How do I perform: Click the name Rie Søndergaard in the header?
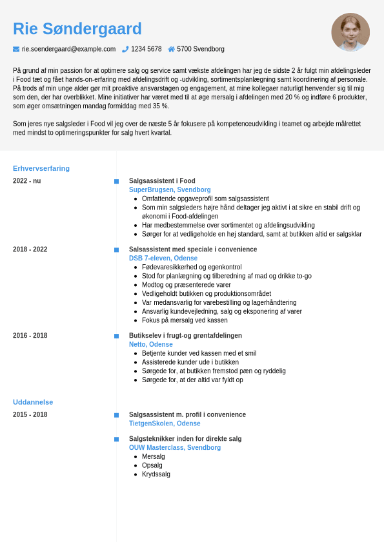77,29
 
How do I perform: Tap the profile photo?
350,32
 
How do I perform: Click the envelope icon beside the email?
16,49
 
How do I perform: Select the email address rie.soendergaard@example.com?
68,49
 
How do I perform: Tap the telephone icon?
125,49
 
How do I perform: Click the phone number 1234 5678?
147,49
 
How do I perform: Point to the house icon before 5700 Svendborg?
171,49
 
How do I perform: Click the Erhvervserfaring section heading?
41,168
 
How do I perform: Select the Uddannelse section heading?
33,402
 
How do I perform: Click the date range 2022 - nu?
26,181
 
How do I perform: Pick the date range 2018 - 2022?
30,249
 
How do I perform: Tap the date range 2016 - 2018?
30,336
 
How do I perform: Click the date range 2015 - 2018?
30,415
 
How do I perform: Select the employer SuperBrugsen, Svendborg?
170,190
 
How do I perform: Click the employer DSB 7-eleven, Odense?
163,258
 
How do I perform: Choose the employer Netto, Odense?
151,345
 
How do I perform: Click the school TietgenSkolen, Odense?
165,424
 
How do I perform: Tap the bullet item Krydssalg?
156,474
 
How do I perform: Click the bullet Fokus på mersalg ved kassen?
185,320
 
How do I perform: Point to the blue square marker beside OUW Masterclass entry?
116,440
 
